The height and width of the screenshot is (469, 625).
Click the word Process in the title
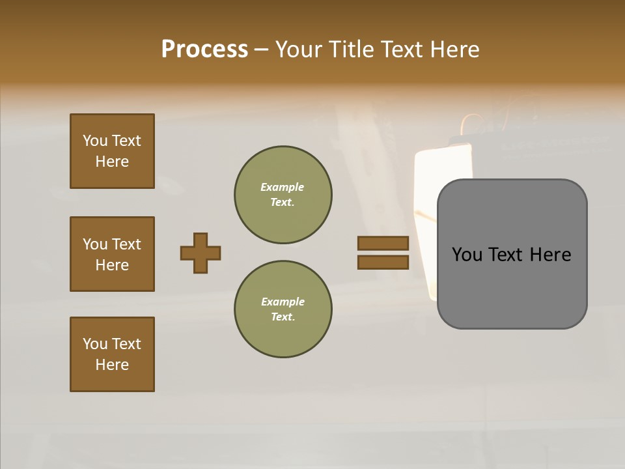(x=204, y=50)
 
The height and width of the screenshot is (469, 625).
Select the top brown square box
(x=112, y=151)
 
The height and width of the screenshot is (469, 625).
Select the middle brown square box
(x=112, y=254)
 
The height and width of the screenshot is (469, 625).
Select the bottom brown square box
(x=112, y=354)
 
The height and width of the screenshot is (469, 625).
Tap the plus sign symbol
(x=201, y=253)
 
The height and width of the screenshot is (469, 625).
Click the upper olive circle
(x=283, y=195)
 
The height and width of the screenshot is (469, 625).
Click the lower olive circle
(x=283, y=309)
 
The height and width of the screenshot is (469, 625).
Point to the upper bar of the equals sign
(x=383, y=243)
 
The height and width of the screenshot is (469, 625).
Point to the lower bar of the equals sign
(x=383, y=262)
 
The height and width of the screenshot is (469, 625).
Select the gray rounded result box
(x=512, y=254)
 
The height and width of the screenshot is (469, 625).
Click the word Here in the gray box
(x=551, y=255)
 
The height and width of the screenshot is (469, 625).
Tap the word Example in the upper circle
(x=282, y=188)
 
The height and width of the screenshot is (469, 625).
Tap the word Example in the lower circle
(x=282, y=302)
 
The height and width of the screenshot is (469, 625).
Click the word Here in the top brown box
(x=112, y=162)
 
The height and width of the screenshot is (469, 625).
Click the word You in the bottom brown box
(x=94, y=344)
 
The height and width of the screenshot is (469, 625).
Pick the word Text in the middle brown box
(x=126, y=244)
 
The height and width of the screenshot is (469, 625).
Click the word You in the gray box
(x=467, y=255)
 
